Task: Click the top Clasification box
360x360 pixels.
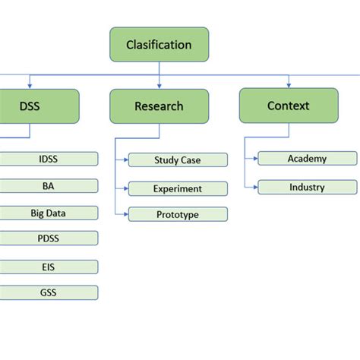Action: click(159, 44)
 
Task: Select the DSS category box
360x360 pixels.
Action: click(30, 106)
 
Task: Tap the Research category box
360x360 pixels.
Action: click(159, 106)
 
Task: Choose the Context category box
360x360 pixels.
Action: click(288, 106)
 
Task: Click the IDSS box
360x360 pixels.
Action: click(49, 159)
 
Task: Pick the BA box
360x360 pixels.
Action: click(49, 185)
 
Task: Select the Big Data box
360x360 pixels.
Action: click(49, 213)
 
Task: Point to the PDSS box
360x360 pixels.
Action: click(49, 238)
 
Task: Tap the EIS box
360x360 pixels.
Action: click(49, 267)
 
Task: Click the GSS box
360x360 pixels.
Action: click(49, 292)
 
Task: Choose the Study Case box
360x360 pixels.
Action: click(178, 160)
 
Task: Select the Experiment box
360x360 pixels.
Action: click(178, 188)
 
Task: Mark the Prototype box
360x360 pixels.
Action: click(178, 214)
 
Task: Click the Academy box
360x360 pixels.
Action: click(307, 158)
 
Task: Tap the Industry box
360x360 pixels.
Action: click(307, 187)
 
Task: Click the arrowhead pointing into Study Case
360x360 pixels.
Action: click(125, 160)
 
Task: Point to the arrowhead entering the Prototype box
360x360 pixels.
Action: click(125, 214)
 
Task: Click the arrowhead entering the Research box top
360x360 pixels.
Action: click(159, 86)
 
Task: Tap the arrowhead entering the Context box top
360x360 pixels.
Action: click(288, 86)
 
